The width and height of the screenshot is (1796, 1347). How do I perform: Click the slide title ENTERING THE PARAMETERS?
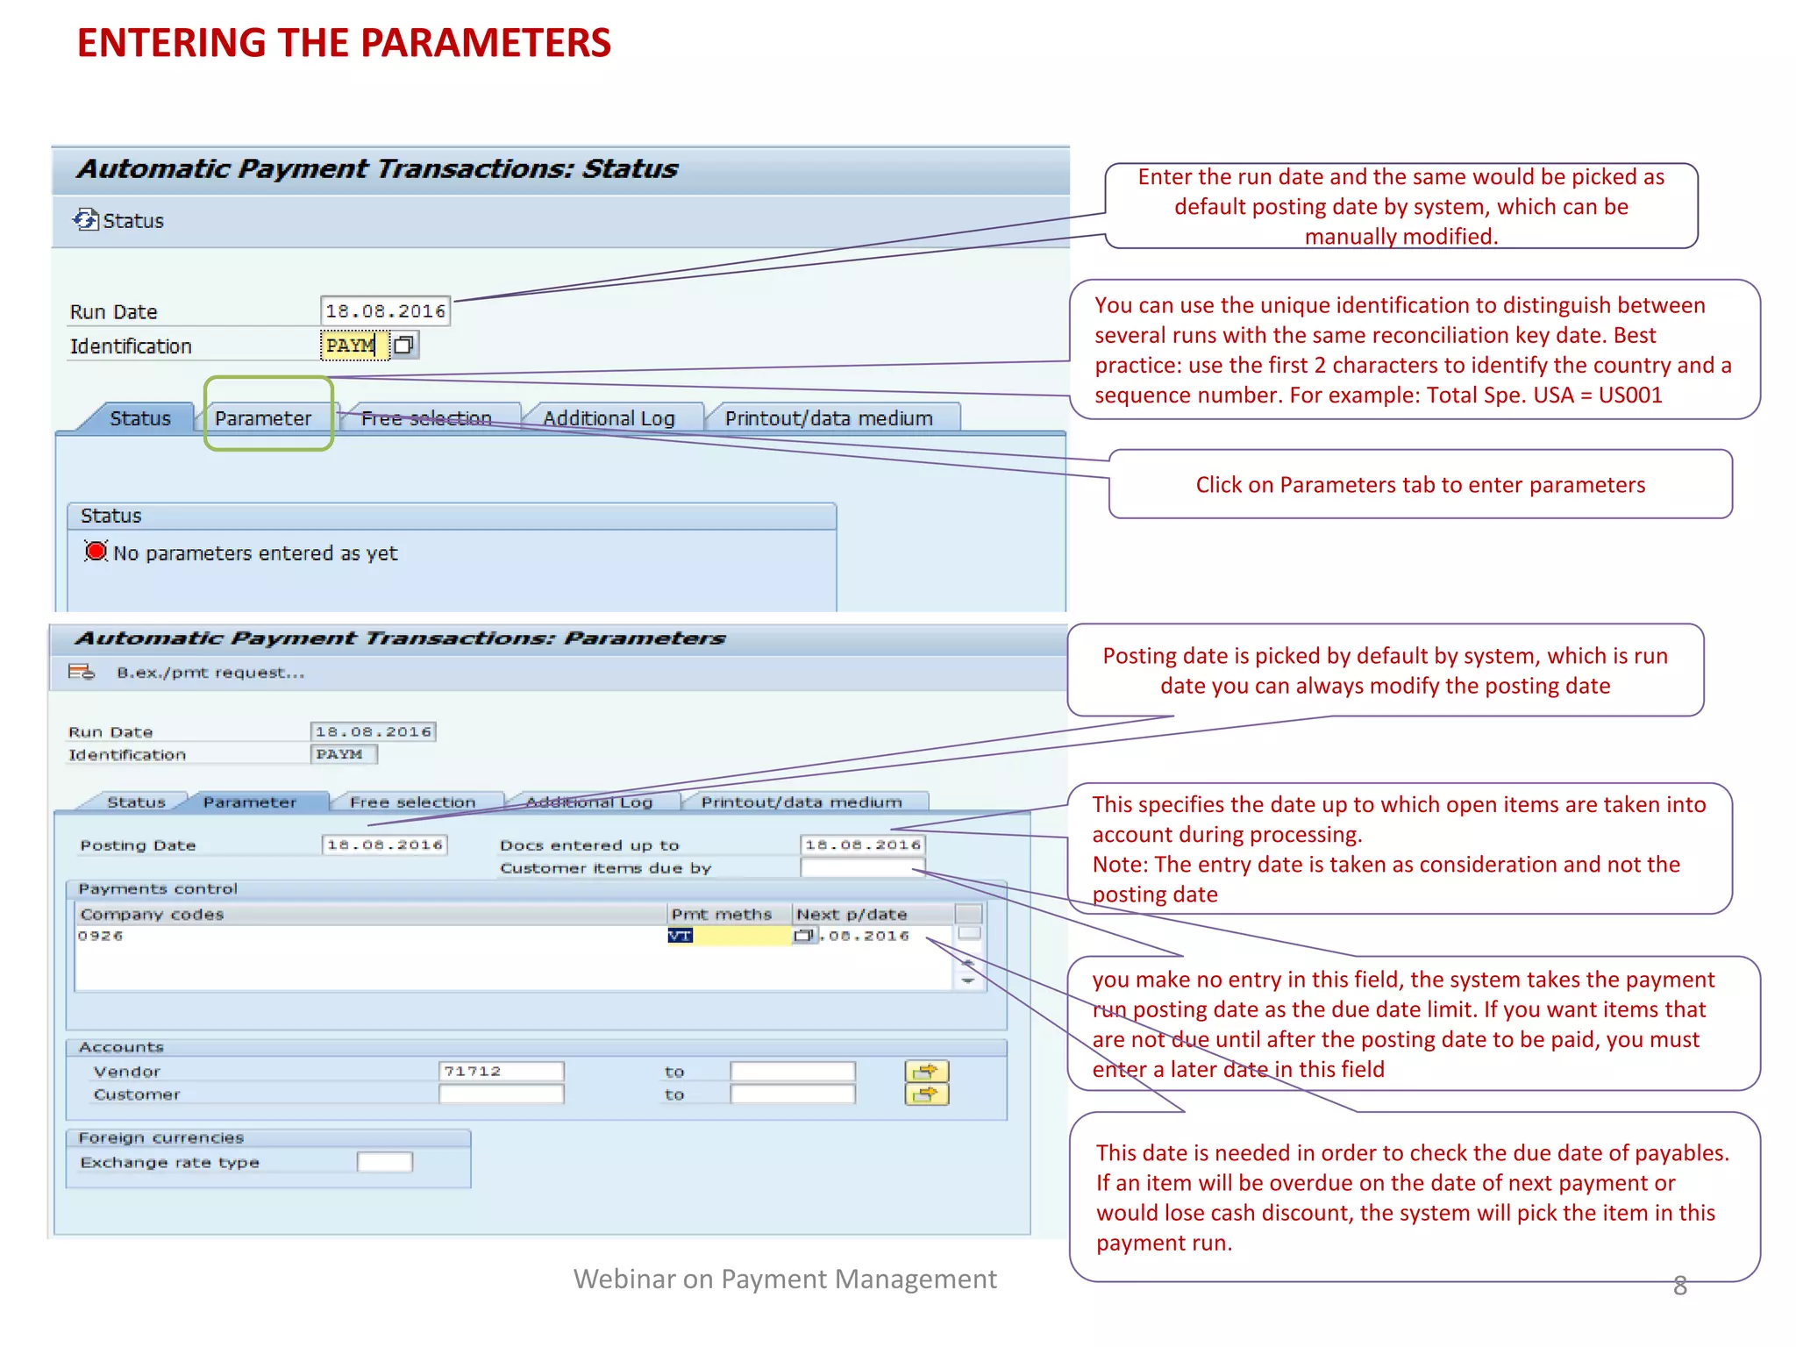click(344, 44)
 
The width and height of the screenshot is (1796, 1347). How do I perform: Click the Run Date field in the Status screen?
click(385, 311)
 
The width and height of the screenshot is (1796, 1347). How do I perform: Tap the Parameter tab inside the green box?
click(263, 418)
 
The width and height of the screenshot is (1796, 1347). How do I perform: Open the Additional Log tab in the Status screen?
click(609, 418)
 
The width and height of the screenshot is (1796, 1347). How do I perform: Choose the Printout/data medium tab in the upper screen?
click(829, 418)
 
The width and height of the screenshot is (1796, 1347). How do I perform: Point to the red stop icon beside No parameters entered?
click(96, 552)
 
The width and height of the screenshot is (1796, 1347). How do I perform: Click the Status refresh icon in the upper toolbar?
click(85, 220)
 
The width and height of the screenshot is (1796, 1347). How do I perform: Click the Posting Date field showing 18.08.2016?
click(384, 845)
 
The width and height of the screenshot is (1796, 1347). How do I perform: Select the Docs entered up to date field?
click(863, 845)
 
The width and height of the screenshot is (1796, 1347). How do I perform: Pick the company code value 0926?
click(101, 936)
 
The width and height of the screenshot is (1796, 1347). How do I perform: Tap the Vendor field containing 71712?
click(500, 1071)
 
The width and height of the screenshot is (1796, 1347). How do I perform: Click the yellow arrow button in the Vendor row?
click(926, 1071)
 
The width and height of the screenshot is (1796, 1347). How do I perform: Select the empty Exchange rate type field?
click(384, 1162)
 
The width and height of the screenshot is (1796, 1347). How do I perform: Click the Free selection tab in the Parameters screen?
click(412, 802)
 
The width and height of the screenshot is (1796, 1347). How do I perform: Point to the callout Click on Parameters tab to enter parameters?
click(1420, 485)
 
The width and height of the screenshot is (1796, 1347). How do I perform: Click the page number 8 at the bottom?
click(1679, 1286)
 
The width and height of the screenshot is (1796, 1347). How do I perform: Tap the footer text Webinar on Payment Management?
click(785, 1279)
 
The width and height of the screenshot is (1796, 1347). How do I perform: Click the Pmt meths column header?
click(722, 914)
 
